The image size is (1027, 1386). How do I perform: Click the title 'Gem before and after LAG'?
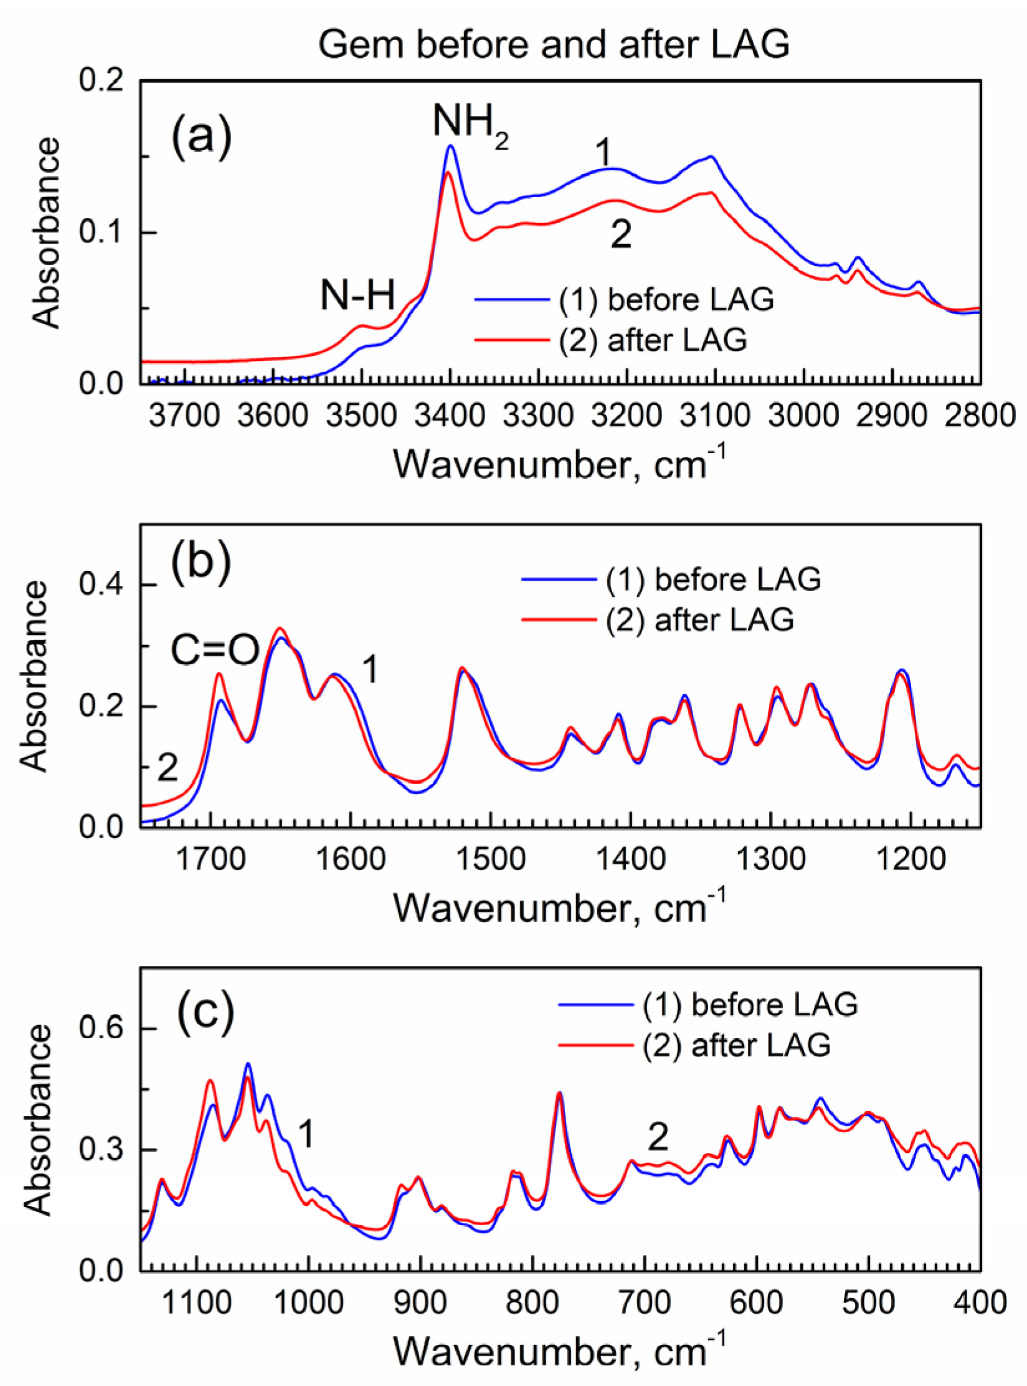tap(554, 45)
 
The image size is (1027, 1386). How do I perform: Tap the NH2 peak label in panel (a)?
tap(470, 122)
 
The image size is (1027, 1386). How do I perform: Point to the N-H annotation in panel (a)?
tap(357, 295)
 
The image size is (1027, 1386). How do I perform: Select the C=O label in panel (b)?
tap(215, 651)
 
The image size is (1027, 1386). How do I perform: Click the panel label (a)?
tap(201, 136)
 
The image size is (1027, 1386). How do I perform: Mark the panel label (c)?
tap(206, 1011)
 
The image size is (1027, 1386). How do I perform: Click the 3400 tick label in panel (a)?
tap(450, 416)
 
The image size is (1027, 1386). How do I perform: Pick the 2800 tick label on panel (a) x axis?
tap(980, 416)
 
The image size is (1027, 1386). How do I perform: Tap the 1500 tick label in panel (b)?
tap(491, 860)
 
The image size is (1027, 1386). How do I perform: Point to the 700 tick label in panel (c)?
tap(645, 1303)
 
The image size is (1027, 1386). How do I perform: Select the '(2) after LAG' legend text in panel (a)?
tap(653, 340)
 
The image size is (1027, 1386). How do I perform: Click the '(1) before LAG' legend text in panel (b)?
tap(713, 580)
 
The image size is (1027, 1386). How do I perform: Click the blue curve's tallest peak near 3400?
tap(450, 146)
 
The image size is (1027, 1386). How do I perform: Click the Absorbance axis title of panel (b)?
tap(34, 676)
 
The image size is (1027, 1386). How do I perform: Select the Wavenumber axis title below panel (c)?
tap(559, 1351)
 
